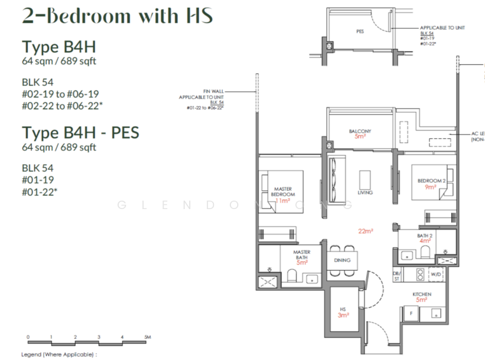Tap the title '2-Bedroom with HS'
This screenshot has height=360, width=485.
[x=117, y=16]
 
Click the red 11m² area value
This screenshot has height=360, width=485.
[x=283, y=200]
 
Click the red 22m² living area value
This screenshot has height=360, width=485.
[x=365, y=231]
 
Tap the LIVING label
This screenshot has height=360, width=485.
[x=365, y=192]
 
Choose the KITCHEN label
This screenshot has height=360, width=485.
[x=422, y=293]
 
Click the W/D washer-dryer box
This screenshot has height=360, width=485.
[x=436, y=275]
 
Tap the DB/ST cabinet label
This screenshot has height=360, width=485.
[x=396, y=275]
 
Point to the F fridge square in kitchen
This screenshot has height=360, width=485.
[x=412, y=314]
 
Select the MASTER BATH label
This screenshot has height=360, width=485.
[x=301, y=255]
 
